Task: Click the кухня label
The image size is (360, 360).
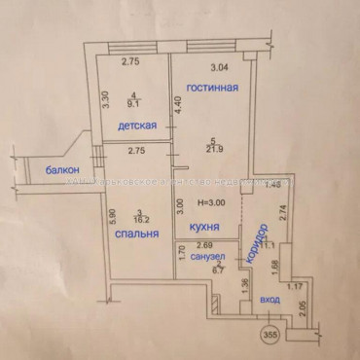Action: (x=196, y=228)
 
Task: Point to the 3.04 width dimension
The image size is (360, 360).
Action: (x=221, y=67)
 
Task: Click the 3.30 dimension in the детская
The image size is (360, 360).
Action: (x=106, y=100)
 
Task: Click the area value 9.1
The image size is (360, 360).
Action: (x=138, y=97)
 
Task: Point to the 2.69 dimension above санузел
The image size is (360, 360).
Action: (x=203, y=246)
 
